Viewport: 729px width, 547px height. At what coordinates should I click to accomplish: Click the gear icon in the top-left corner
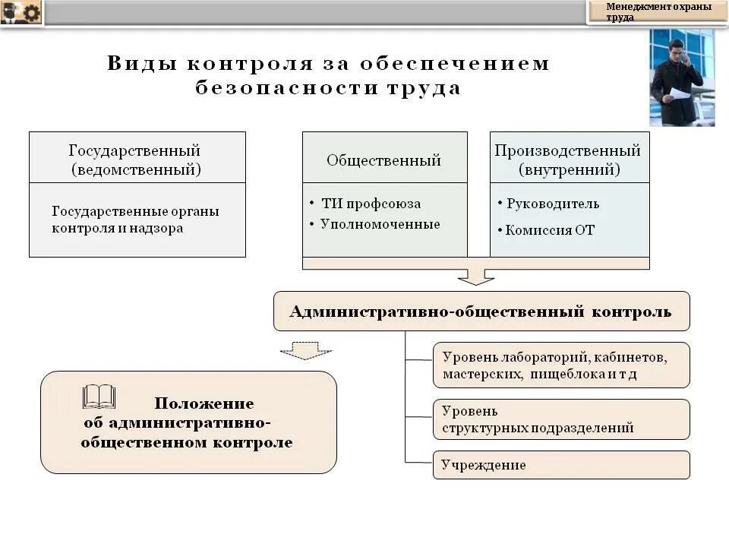click(31, 12)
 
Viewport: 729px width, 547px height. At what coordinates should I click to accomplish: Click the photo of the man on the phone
click(681, 77)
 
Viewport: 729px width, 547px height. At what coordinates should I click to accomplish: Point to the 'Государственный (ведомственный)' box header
click(137, 159)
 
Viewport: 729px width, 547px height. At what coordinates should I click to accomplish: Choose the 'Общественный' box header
click(384, 160)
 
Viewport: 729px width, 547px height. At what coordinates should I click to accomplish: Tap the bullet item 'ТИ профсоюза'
click(370, 204)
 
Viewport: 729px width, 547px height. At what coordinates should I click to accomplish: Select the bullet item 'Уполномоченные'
click(380, 224)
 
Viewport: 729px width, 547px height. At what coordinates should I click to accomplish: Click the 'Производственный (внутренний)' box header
click(569, 159)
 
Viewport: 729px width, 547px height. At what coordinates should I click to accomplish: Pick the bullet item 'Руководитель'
click(552, 204)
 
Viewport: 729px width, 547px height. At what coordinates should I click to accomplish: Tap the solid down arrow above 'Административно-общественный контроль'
click(476, 275)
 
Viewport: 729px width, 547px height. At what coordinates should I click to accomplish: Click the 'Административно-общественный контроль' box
click(481, 311)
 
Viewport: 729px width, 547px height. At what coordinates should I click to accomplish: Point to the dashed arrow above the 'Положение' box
click(305, 350)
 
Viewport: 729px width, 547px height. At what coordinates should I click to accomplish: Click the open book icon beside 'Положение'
click(99, 397)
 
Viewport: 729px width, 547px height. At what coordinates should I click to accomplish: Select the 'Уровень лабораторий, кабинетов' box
click(561, 365)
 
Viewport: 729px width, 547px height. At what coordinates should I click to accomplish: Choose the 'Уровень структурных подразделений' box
click(561, 419)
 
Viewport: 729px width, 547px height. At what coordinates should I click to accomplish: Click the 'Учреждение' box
click(561, 465)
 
